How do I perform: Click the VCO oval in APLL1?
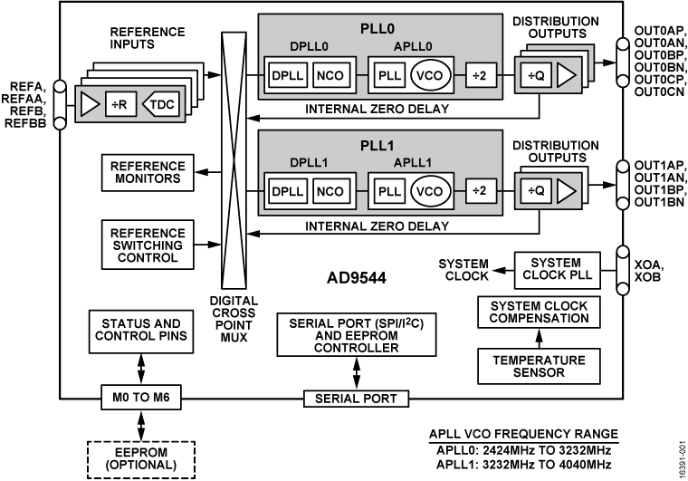[427, 191]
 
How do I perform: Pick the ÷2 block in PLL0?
[482, 76]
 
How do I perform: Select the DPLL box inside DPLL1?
[288, 191]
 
